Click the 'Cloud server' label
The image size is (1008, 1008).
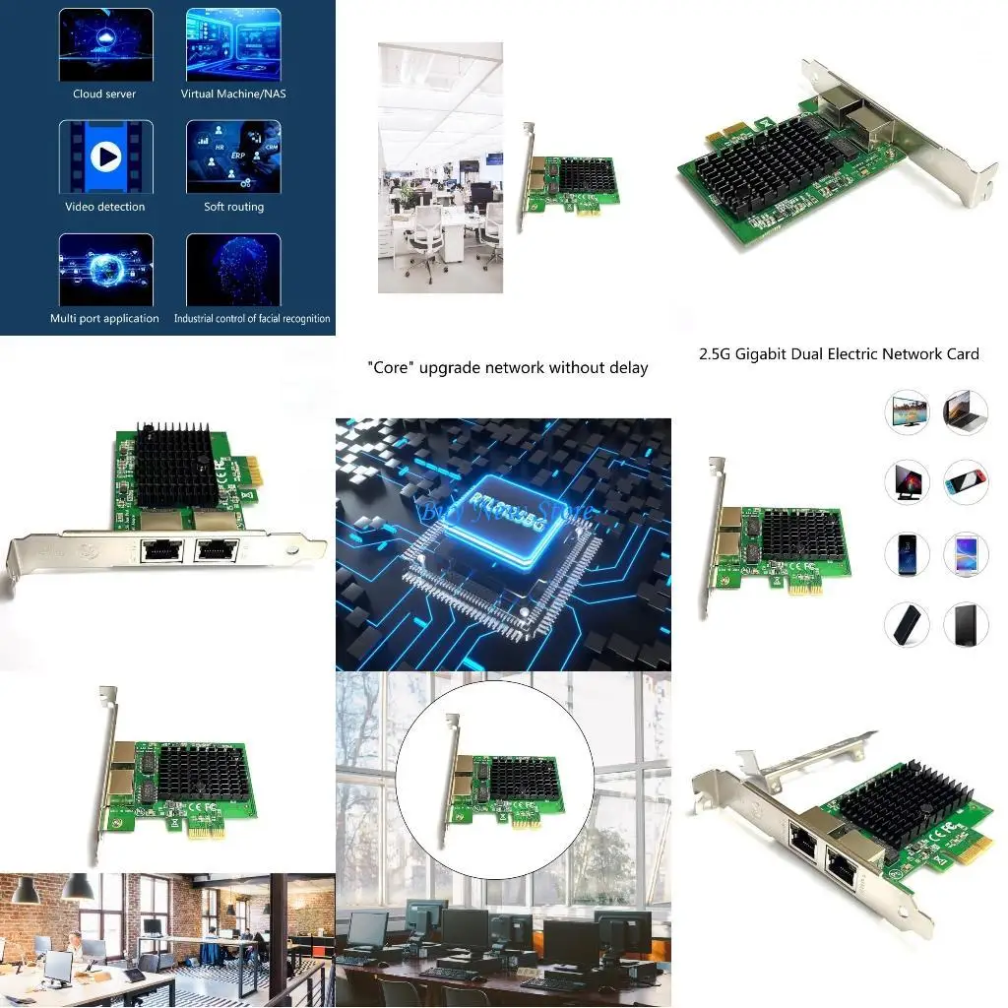click(x=104, y=94)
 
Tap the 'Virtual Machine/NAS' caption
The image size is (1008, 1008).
click(x=233, y=94)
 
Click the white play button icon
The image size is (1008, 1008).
click(x=105, y=157)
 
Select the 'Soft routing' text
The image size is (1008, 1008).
click(x=233, y=207)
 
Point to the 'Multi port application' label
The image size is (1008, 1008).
click(x=104, y=319)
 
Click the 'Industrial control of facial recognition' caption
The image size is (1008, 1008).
click(x=252, y=319)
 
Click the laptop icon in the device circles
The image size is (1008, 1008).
click(x=966, y=411)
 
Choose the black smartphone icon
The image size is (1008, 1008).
click(x=907, y=553)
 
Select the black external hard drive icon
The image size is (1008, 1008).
click(x=966, y=624)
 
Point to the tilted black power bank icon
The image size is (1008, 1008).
click(x=907, y=624)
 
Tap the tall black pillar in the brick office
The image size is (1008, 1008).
click(x=278, y=935)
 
